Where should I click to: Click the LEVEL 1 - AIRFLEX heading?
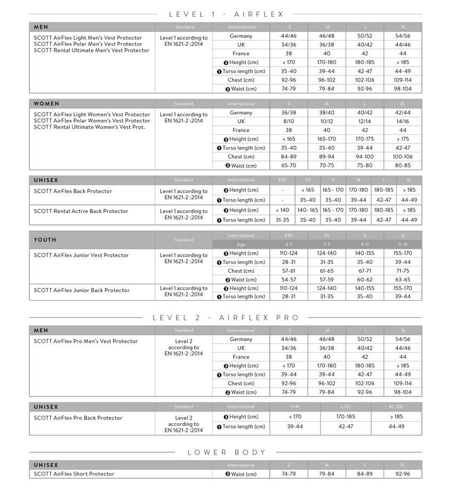[226, 14]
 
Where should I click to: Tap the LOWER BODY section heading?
[226, 453]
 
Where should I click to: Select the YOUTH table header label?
[45, 240]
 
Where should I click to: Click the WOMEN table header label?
[46, 103]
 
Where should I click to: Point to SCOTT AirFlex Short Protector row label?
[74, 474]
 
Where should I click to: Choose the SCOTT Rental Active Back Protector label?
[81, 211]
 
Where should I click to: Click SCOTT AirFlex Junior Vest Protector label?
[81, 255]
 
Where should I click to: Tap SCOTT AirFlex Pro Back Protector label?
[78, 418]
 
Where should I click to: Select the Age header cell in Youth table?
[241, 245]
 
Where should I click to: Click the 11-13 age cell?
[403, 245]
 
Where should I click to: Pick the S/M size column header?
[295, 407]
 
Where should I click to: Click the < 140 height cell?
[282, 210]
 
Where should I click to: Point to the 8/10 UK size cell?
[289, 122]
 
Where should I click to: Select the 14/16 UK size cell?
[403, 122]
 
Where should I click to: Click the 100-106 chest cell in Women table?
[403, 157]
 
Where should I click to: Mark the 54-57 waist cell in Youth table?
[289, 279]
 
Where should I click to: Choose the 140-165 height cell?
[307, 210]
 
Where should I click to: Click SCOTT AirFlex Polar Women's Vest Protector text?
[92, 121]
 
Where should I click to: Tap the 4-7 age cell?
[289, 245]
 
